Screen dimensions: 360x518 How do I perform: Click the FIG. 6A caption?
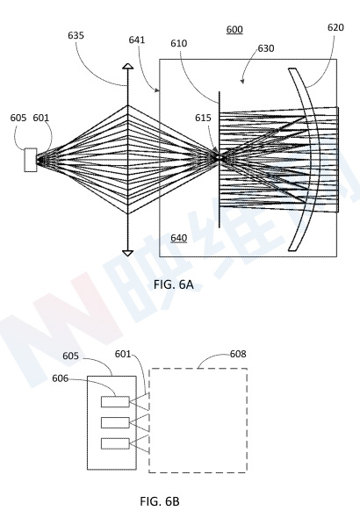[173, 284]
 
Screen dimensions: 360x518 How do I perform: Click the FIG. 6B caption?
[160, 501]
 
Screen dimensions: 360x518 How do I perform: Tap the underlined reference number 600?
[234, 30]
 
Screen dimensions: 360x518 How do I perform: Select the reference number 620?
[335, 27]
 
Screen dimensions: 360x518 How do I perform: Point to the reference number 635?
[76, 35]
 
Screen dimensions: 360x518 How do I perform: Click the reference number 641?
[137, 40]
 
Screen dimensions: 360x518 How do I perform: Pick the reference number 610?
[178, 43]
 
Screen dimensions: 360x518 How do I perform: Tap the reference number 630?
[266, 48]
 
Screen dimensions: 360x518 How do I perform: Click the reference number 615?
[203, 118]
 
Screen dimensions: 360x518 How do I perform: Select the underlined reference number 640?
[178, 238]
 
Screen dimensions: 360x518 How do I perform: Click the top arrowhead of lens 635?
[128, 66]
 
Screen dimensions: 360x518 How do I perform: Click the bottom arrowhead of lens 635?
[128, 254]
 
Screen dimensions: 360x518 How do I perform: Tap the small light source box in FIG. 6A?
[31, 160]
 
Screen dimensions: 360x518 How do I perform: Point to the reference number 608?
[238, 354]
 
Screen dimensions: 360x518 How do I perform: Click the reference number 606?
[60, 378]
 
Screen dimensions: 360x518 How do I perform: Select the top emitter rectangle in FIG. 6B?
[115, 401]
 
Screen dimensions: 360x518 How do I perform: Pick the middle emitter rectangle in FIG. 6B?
[115, 422]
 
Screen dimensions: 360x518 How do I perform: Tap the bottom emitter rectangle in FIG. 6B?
[115, 443]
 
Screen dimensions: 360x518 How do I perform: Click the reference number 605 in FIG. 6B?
[70, 356]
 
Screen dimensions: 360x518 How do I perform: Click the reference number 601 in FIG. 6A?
[40, 118]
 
